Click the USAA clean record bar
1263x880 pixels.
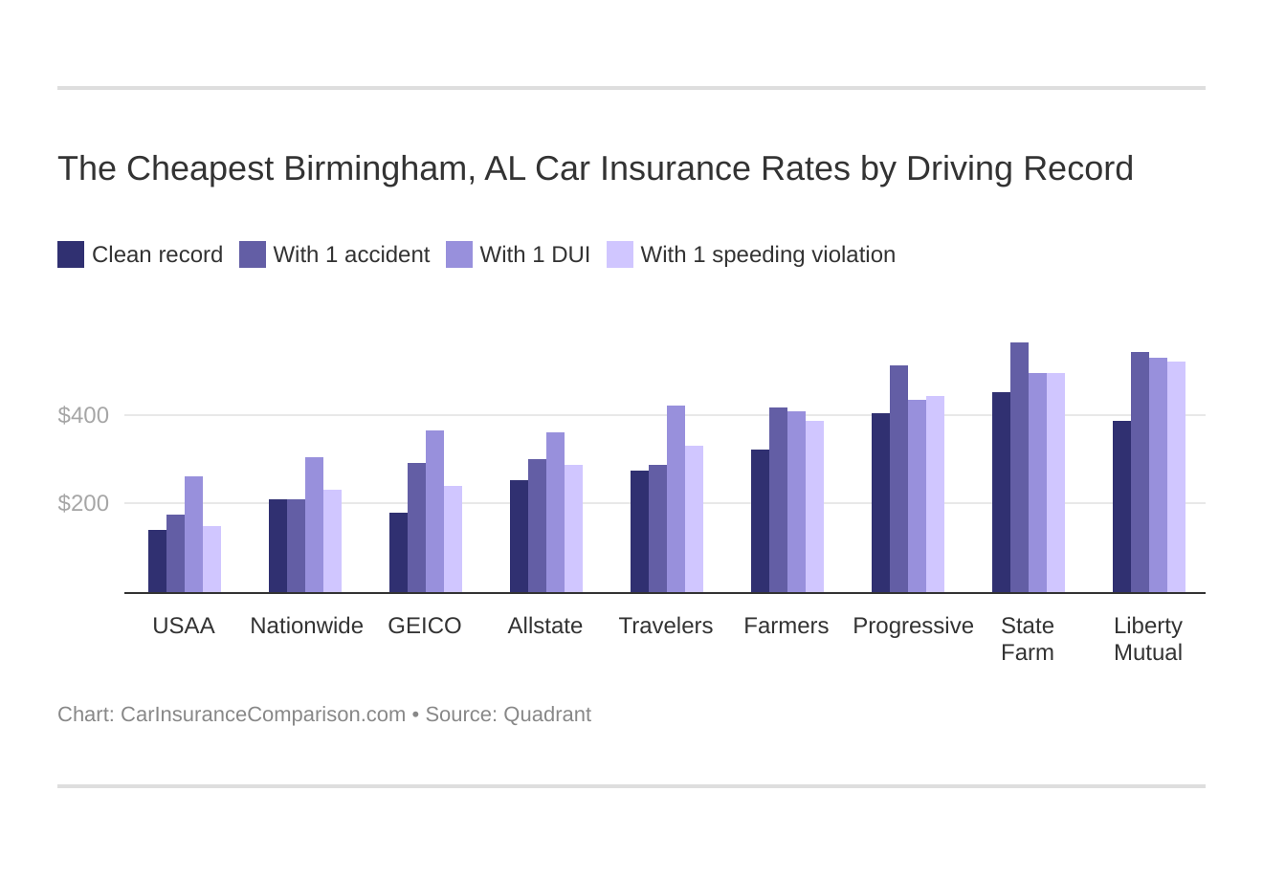click(157, 561)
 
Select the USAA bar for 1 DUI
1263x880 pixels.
click(193, 535)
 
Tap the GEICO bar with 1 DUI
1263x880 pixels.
click(434, 512)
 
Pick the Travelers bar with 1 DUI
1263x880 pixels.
click(676, 499)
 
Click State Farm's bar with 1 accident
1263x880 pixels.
click(1019, 468)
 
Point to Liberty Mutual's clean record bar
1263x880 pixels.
click(1121, 507)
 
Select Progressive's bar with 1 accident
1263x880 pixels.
click(898, 479)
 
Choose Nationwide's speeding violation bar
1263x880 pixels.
click(332, 541)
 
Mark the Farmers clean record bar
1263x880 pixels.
click(760, 521)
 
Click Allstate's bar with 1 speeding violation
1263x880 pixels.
click(573, 529)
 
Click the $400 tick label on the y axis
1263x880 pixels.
click(83, 415)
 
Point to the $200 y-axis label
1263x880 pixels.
click(83, 503)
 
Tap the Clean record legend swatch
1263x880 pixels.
click(71, 254)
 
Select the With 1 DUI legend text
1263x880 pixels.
click(535, 254)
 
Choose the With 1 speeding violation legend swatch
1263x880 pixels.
click(620, 254)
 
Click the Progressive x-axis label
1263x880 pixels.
click(913, 626)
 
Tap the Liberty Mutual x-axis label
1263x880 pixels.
click(1147, 639)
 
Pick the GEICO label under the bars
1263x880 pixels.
click(424, 626)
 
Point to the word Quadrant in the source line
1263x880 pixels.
click(548, 715)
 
